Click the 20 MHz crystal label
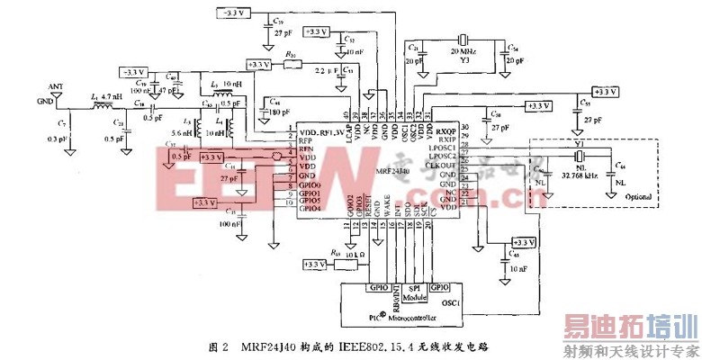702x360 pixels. tap(464, 54)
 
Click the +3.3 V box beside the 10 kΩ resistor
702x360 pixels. tap(314, 264)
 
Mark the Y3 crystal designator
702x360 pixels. tap(464, 63)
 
